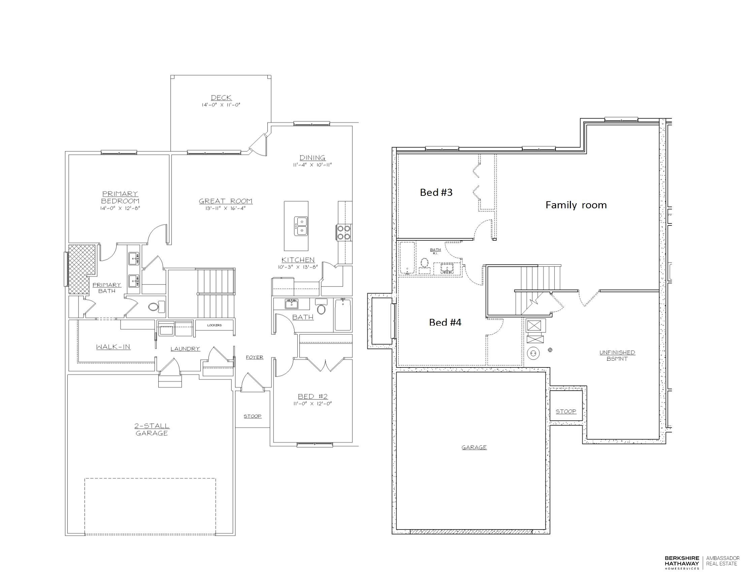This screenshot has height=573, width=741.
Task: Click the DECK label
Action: point(221,98)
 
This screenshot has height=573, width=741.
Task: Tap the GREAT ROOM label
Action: point(226,201)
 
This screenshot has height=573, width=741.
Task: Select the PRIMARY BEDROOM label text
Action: point(120,197)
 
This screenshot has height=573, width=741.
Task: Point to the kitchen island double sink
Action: point(300,226)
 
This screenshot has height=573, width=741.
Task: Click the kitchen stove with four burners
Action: point(343,233)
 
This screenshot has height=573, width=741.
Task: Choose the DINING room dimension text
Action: point(313,165)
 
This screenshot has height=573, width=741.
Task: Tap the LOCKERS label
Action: point(215,325)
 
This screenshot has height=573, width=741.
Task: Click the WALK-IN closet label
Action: point(113,347)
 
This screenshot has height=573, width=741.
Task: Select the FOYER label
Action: point(254,357)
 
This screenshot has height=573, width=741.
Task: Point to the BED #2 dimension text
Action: point(313,403)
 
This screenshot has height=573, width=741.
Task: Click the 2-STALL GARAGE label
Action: point(152,429)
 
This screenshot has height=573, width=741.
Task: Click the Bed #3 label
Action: point(436,192)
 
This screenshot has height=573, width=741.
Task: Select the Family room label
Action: point(576,205)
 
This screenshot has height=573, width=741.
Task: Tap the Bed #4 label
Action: point(445,322)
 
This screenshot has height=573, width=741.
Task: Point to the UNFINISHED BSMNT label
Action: point(617,355)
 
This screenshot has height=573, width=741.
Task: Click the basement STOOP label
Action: point(566,412)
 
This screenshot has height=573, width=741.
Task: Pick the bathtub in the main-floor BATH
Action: point(343,314)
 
